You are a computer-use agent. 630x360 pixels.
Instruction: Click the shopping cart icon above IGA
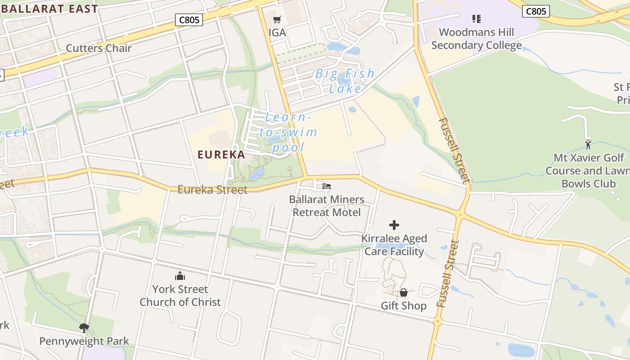(x=277, y=19)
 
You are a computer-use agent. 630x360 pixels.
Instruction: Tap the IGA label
(x=277, y=32)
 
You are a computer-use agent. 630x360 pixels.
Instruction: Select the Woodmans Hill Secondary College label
(x=476, y=39)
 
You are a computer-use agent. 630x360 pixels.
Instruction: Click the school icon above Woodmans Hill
(x=476, y=19)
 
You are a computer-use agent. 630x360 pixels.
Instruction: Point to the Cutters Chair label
(x=99, y=48)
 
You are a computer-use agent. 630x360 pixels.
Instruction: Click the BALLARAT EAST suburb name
(x=49, y=9)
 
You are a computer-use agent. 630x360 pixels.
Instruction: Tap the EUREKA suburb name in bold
(x=221, y=155)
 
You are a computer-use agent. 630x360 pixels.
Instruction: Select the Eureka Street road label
(x=212, y=189)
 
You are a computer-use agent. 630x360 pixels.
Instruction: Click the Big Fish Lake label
(x=345, y=81)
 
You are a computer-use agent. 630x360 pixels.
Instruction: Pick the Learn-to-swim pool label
(x=288, y=132)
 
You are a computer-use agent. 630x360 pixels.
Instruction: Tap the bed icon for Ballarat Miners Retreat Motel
(x=327, y=186)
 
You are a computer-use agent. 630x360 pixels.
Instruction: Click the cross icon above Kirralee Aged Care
(x=394, y=225)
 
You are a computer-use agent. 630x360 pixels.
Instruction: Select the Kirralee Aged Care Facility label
(x=394, y=245)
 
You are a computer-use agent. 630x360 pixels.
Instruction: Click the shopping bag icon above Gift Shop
(x=404, y=292)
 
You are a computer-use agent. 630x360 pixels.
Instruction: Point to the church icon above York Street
(x=180, y=276)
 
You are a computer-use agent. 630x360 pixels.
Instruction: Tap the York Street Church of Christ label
(x=180, y=295)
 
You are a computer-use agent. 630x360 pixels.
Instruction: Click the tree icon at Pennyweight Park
(x=84, y=328)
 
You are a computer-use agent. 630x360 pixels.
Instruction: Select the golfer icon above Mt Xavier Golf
(x=588, y=144)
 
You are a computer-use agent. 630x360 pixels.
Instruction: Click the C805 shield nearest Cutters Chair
(x=189, y=20)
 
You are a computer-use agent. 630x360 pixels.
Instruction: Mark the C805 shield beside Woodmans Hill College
(x=535, y=11)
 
